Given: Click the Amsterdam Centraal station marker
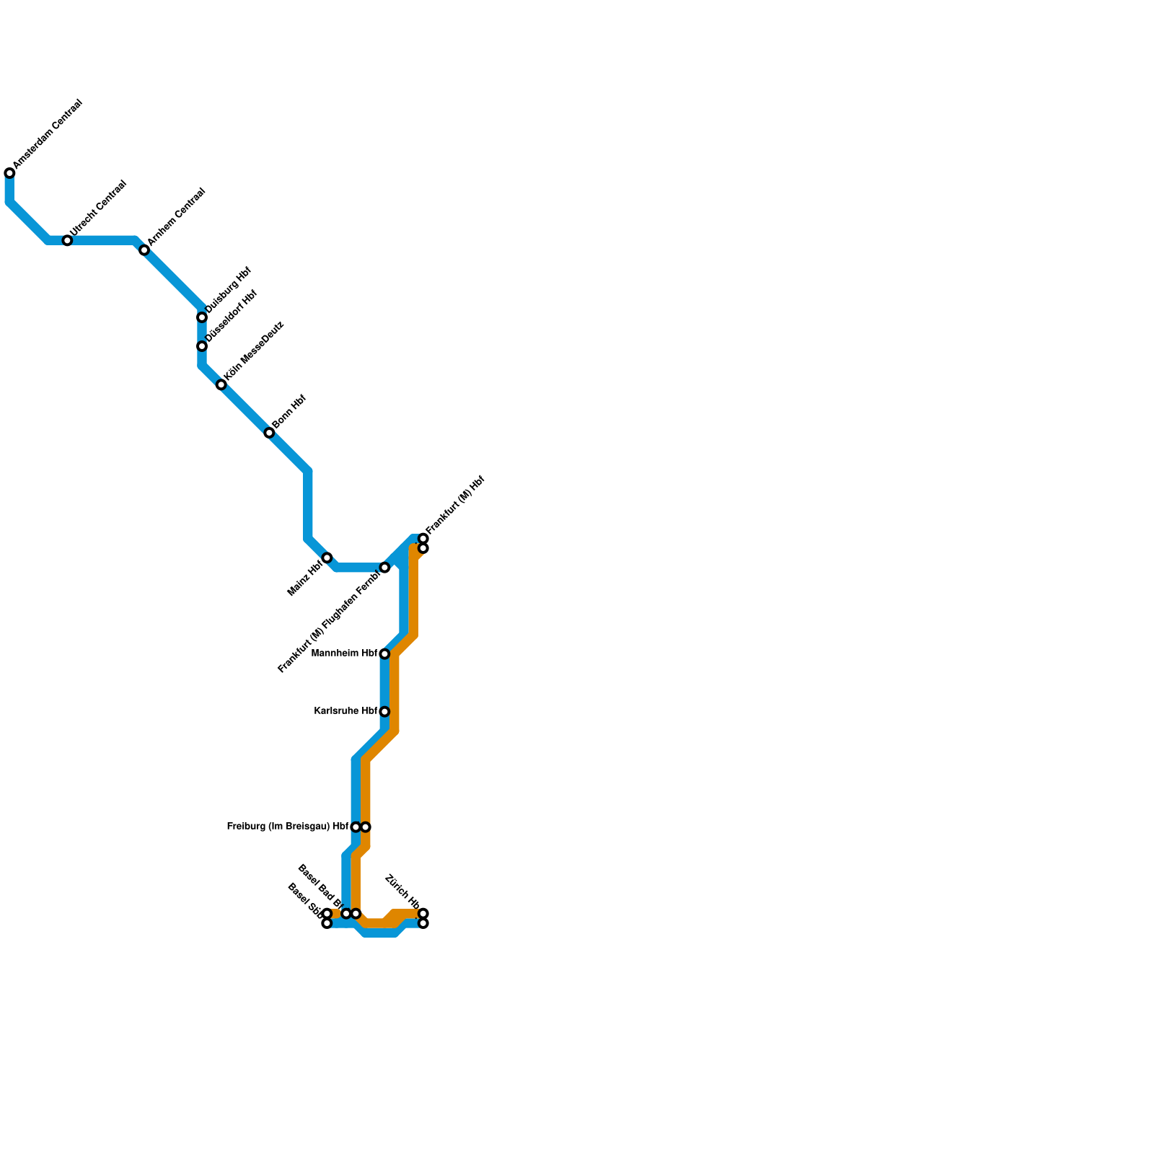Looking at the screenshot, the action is [9, 173].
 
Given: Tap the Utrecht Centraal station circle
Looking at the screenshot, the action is [67, 240].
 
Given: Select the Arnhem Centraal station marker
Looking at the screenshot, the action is [144, 250].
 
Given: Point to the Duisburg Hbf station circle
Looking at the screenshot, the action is [202, 317].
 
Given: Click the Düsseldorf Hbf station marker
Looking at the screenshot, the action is [202, 346].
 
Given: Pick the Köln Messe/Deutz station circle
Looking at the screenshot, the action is [221, 385].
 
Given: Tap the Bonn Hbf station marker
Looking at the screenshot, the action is [269, 433].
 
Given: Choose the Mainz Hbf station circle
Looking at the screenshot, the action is [327, 558].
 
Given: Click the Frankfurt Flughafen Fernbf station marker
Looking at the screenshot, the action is [384, 568].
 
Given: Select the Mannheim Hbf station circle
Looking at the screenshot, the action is [384, 654].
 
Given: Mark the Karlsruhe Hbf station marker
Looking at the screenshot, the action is [384, 712].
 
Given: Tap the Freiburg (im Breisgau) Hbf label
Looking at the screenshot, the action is [288, 827].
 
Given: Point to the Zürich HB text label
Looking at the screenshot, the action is [402, 891].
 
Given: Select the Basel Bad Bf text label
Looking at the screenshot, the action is [320, 885].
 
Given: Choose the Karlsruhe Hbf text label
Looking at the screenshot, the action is [346, 711].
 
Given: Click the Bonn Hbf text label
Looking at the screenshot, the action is [290, 412].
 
